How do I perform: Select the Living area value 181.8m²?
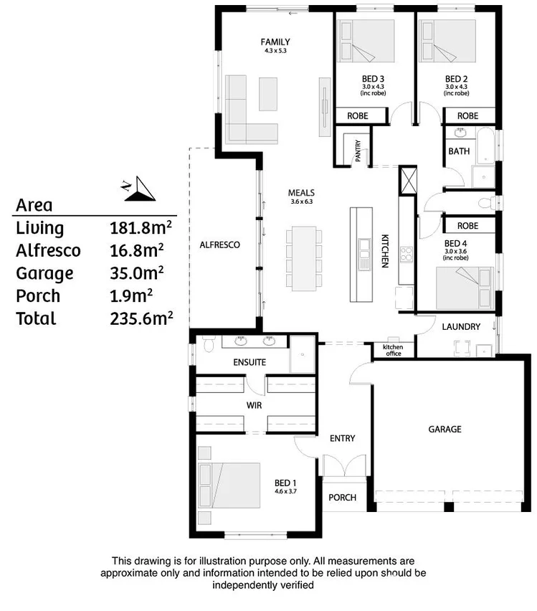click(x=141, y=228)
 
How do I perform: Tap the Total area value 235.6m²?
click(x=141, y=318)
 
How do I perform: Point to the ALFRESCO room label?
click(x=219, y=245)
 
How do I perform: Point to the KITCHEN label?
click(x=384, y=251)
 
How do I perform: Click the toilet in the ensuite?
click(x=208, y=345)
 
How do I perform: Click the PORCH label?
click(x=342, y=498)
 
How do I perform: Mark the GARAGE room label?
click(x=445, y=429)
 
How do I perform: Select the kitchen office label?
click(x=393, y=351)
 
